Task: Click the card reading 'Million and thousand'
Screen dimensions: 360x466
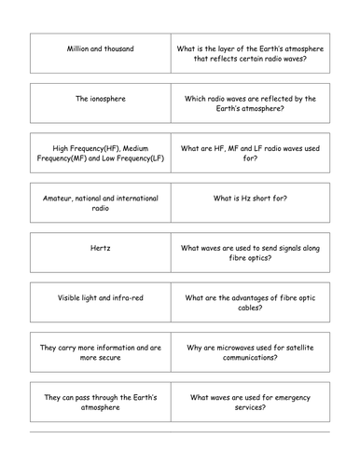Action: pos(101,48)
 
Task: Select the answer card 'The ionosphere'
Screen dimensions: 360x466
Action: pos(101,98)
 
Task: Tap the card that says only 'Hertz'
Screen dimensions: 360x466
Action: pos(101,250)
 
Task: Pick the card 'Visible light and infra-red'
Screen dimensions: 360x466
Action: pos(101,298)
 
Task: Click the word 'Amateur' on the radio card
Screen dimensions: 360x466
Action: pos(64,199)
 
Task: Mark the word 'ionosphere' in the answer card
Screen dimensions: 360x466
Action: pos(109,98)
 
